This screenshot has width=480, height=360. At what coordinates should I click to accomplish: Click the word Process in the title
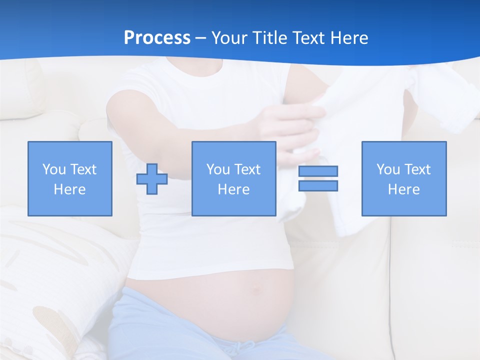157,37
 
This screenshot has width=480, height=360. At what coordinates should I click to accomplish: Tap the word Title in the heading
269,37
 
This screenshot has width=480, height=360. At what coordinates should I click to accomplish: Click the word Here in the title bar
348,37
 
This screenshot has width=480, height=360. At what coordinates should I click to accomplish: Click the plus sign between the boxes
152,178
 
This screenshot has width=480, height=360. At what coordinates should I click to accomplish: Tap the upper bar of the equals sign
318,171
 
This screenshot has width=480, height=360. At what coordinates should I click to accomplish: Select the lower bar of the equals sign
318,185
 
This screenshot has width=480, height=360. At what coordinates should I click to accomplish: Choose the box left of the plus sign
69,178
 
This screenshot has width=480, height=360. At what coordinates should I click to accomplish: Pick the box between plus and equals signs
233,178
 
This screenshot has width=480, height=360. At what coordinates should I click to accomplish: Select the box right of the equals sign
403,178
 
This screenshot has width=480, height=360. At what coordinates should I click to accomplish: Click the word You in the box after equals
388,169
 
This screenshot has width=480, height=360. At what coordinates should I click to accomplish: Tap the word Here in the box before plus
69,189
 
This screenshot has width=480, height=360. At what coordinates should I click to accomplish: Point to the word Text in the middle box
247,169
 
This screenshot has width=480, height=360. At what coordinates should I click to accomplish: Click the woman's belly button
256,288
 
